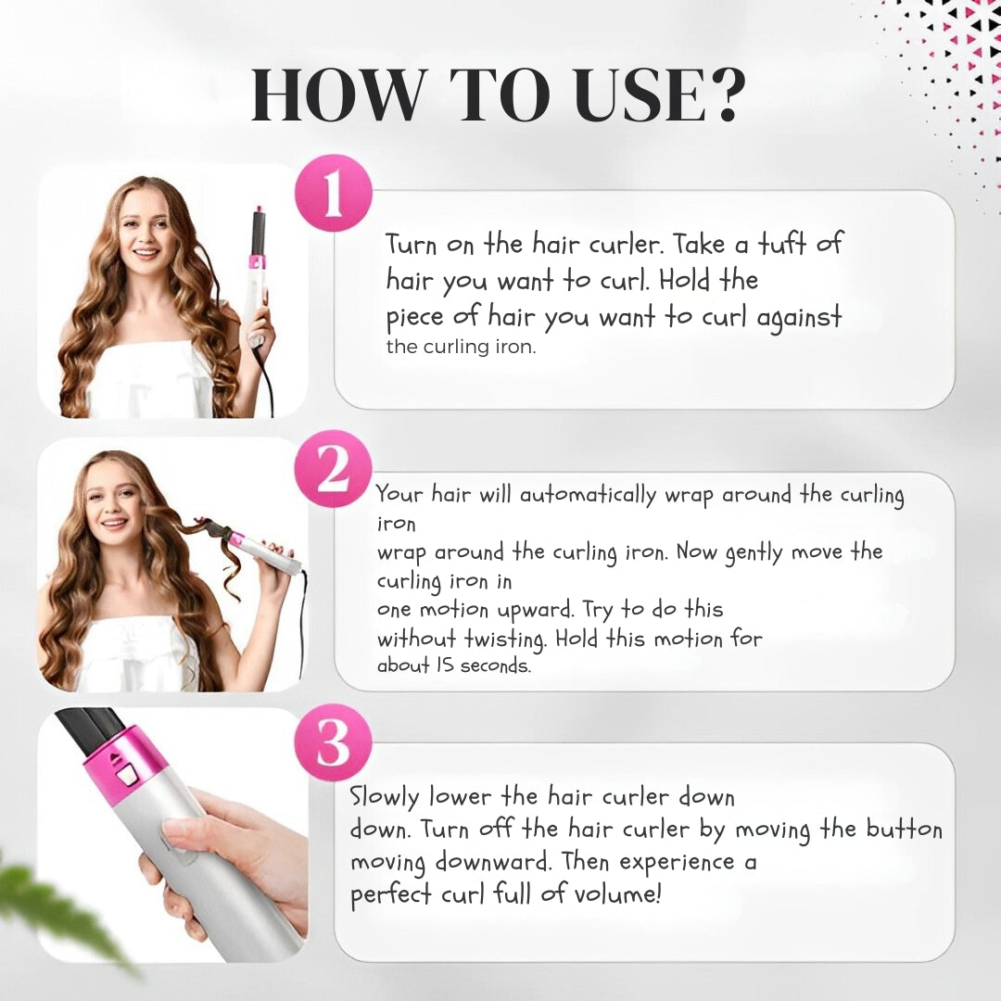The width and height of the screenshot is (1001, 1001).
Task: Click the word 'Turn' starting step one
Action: click(412, 245)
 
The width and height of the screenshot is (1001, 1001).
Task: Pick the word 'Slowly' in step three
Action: click(384, 797)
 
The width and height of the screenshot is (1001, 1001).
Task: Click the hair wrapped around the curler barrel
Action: click(211, 531)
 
